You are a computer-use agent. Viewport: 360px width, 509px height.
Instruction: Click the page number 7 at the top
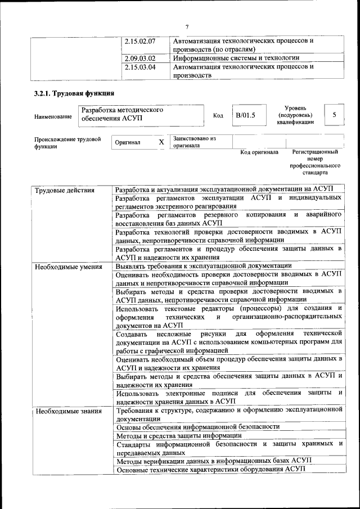point(187,25)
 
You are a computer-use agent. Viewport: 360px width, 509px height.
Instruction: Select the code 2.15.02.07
point(140,41)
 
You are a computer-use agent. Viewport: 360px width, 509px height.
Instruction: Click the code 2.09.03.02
point(140,58)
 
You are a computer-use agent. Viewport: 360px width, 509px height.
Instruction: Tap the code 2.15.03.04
point(140,66)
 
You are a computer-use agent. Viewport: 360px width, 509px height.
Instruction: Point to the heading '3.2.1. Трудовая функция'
point(74,93)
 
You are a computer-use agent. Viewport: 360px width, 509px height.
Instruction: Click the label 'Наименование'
point(53,116)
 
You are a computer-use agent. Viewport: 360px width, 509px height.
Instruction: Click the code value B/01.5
point(245,115)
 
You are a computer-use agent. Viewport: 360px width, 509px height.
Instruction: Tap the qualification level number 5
point(335,115)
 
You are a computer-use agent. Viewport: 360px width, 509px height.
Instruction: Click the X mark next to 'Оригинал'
point(161,143)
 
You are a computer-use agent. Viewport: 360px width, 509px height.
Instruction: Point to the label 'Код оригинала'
point(259,152)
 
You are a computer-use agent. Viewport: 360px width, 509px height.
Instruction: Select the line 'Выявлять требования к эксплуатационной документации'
point(203,265)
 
